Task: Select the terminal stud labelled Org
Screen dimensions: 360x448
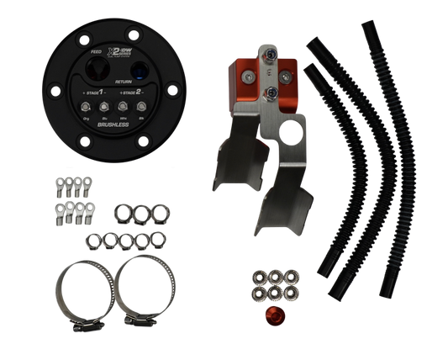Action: tap(84, 108)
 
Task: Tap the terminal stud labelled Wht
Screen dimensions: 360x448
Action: tap(122, 108)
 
